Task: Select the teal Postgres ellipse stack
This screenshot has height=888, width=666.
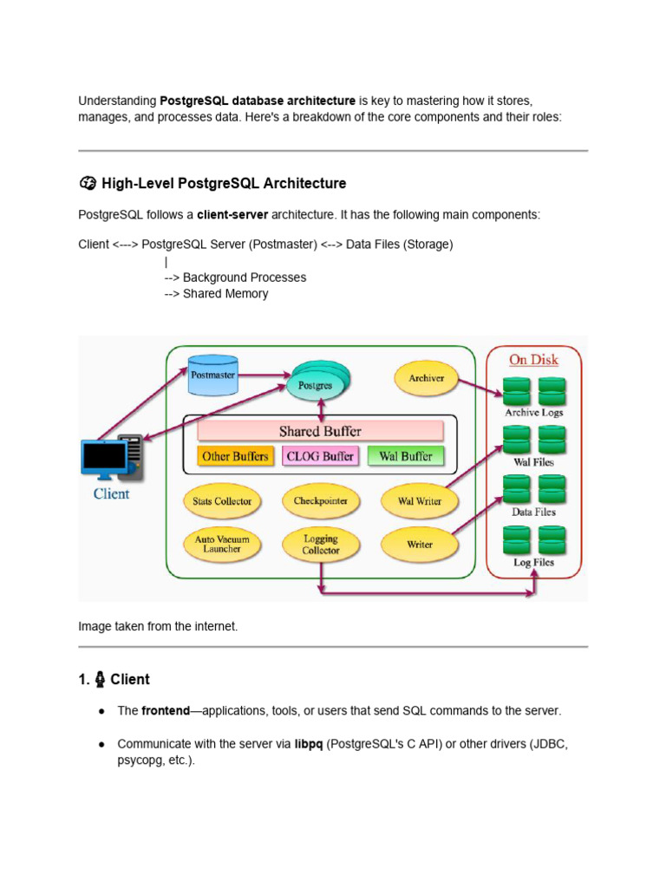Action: [316, 383]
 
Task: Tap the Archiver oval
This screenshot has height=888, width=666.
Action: [426, 378]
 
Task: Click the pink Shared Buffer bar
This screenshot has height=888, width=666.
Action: [320, 431]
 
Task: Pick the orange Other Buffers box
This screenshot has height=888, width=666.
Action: [235, 456]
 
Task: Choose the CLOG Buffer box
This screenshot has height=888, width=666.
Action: [320, 456]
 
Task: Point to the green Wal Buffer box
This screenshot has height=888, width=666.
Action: [406, 456]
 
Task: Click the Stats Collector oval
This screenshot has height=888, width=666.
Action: [222, 501]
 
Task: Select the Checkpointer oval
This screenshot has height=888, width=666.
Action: [321, 501]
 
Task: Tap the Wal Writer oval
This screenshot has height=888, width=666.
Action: [420, 501]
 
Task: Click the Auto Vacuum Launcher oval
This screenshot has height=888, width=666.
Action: [222, 544]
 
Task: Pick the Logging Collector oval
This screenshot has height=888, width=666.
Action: [321, 544]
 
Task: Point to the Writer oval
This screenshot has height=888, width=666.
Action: [420, 545]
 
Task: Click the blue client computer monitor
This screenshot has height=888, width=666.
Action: [103, 457]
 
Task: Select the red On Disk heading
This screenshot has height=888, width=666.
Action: [533, 360]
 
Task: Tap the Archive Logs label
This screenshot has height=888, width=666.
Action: [533, 413]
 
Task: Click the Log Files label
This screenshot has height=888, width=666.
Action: [533, 563]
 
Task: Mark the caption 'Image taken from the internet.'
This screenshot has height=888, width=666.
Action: [158, 626]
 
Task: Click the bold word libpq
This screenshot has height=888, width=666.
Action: [309, 744]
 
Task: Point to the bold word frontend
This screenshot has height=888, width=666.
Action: [166, 710]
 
